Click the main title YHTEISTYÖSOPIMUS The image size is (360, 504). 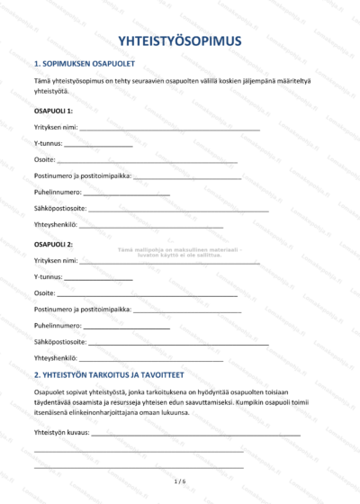click(179, 40)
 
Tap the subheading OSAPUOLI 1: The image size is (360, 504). click(53, 110)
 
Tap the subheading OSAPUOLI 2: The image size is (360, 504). click(53, 244)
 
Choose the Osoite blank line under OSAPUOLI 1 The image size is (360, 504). click(148, 160)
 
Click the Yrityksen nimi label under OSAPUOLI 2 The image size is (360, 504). click(56, 261)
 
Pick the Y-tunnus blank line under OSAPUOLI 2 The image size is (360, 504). click(98, 278)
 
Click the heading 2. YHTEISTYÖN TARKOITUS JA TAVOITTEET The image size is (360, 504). click(109, 374)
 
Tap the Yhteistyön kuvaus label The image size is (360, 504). click(61, 433)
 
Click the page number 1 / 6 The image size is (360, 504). click(179, 482)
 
